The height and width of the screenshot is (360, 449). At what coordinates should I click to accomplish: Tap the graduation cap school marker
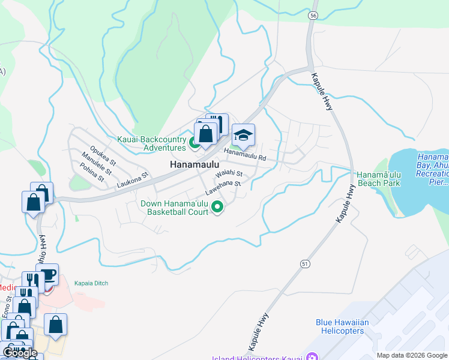(243, 136)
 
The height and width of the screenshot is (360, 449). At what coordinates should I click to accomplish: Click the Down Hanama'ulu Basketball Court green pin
(217, 208)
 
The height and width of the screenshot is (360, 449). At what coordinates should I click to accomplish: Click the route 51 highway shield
(305, 263)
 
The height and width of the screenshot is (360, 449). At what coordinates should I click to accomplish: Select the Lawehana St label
(223, 188)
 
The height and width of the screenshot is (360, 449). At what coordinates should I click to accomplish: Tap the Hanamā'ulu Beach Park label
(378, 178)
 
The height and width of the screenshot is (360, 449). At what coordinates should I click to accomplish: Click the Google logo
(19, 353)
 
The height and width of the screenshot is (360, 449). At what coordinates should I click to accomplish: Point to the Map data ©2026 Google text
(412, 355)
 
